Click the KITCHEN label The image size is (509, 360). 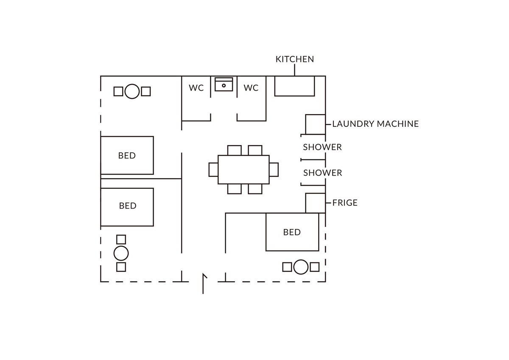pos(295,59)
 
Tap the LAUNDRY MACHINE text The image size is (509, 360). pos(375,124)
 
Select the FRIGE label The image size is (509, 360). pos(345,203)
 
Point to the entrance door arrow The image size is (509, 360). pos(204,283)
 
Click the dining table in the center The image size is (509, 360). pos(243,169)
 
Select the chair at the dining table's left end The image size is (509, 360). pos(213,169)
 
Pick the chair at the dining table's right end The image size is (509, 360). pos(274,169)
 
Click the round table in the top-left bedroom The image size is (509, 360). pos(132,91)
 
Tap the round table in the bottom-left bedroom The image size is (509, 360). pos(121,253)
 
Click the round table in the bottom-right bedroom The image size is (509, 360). pos(301,267)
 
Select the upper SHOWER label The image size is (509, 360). pos(322,147)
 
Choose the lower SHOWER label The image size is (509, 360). pos(322,173)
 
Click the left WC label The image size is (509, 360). pos(196,88)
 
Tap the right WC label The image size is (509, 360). pos(251,88)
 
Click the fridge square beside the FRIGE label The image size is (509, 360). pos(315,203)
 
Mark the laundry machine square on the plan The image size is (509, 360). pos(315,124)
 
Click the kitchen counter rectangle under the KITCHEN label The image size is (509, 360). pos(294,86)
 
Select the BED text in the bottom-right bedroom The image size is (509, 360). pos(292,232)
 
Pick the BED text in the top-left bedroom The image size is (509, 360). pos(127,156)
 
